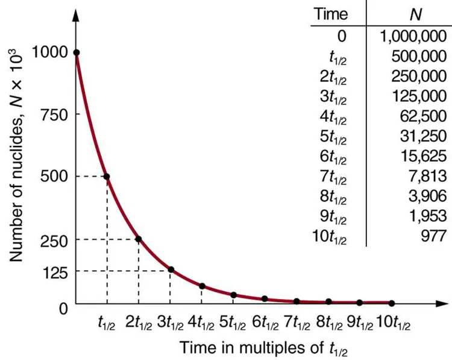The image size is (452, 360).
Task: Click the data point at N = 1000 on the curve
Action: [x=76, y=53]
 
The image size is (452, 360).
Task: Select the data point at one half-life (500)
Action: [x=107, y=176]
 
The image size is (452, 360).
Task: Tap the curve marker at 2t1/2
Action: [x=139, y=239]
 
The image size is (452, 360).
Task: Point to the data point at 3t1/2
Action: [x=171, y=270]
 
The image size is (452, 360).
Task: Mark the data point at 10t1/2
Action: [x=392, y=303]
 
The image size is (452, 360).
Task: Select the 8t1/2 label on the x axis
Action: [x=328, y=321]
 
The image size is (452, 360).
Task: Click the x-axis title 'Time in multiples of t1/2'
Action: [x=263, y=348]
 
